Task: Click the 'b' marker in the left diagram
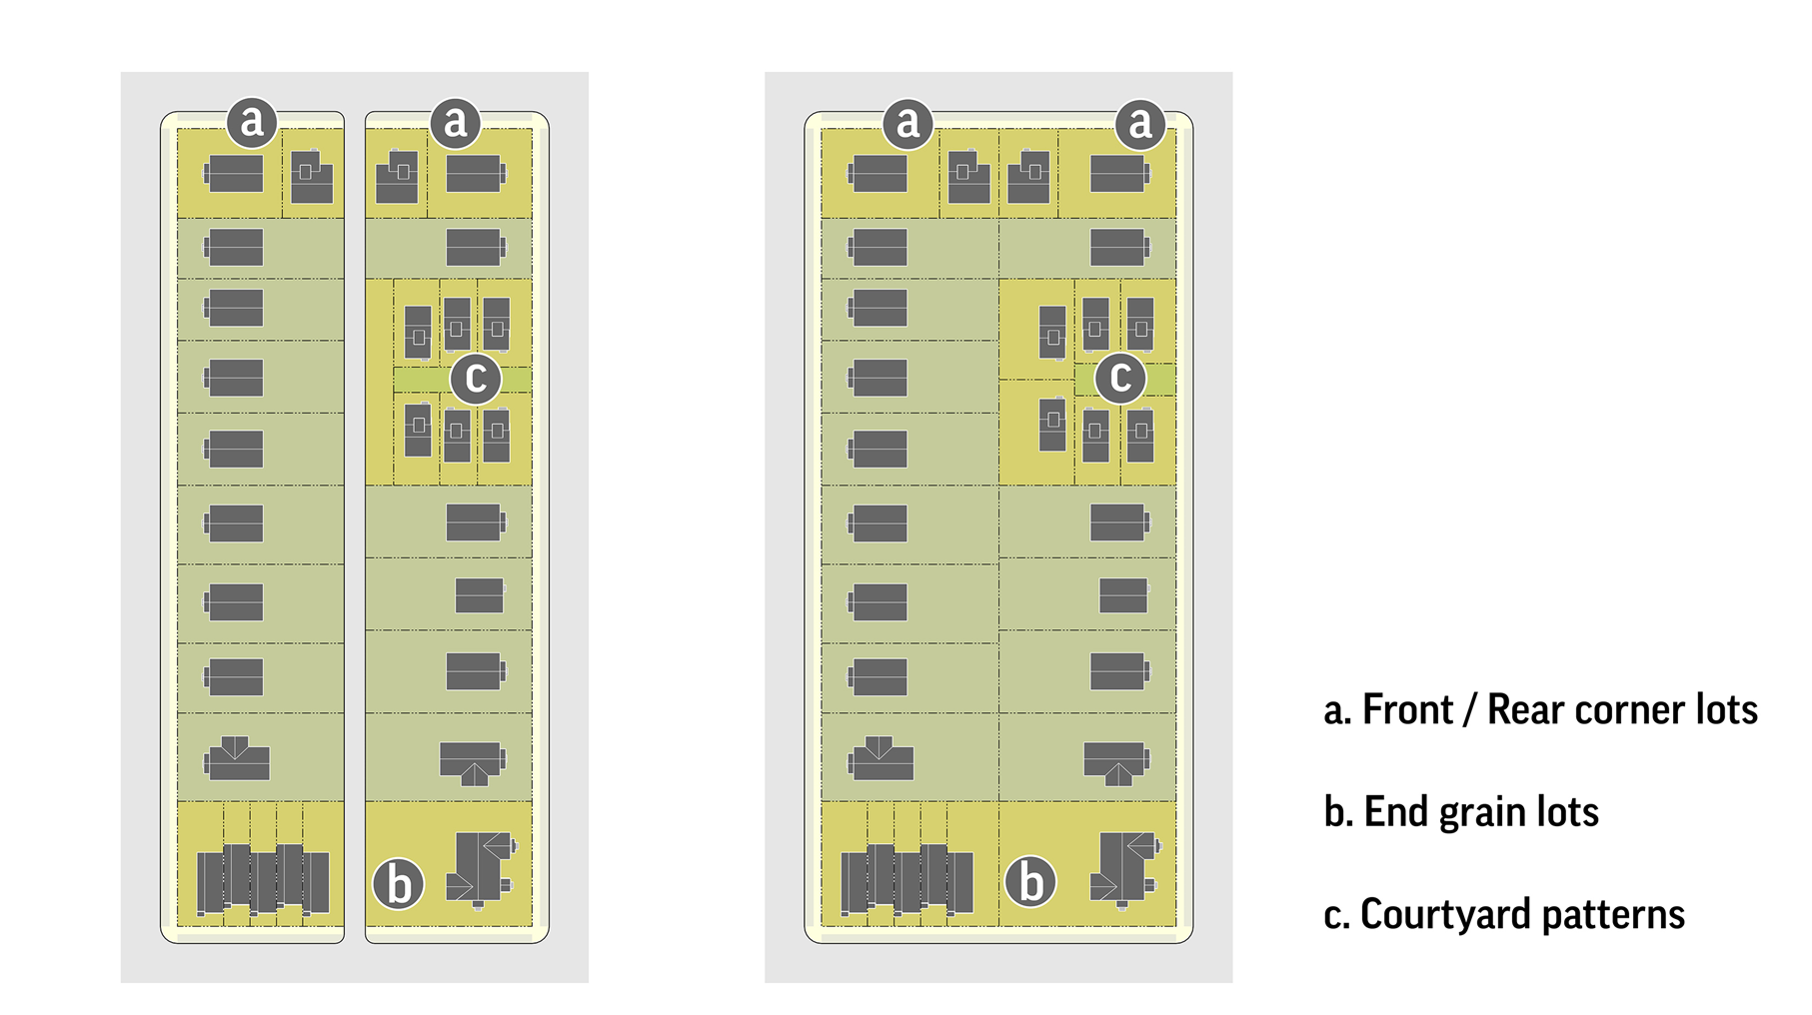coord(399,884)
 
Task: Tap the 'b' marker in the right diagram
coord(1030,882)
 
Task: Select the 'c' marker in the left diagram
coord(476,378)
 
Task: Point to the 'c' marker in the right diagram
coord(1120,378)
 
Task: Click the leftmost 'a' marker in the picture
coord(252,122)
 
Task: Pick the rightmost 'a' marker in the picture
coord(1139,123)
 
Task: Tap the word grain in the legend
coord(1482,812)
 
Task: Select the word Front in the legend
coord(1407,710)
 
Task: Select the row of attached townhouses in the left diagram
coord(262,879)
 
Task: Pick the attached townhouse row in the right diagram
coord(906,879)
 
